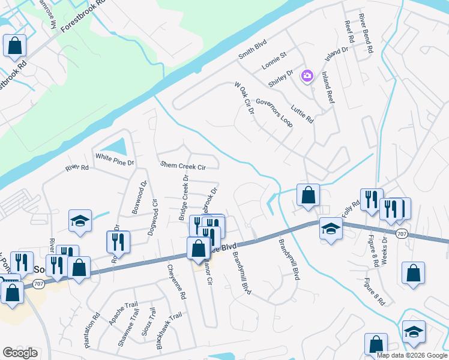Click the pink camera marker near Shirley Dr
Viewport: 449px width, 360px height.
click(307, 76)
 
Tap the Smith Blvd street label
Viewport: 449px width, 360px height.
click(252, 49)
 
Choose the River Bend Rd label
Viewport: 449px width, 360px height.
click(366, 34)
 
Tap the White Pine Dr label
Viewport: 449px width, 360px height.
click(115, 160)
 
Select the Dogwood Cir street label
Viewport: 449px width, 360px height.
click(155, 210)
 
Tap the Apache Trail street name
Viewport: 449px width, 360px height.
click(123, 314)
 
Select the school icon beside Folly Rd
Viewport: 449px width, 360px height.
click(330, 229)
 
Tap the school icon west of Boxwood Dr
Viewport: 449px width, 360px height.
click(79, 221)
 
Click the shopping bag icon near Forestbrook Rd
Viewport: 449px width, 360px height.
click(14, 46)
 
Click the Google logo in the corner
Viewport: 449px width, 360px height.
click(20, 353)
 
